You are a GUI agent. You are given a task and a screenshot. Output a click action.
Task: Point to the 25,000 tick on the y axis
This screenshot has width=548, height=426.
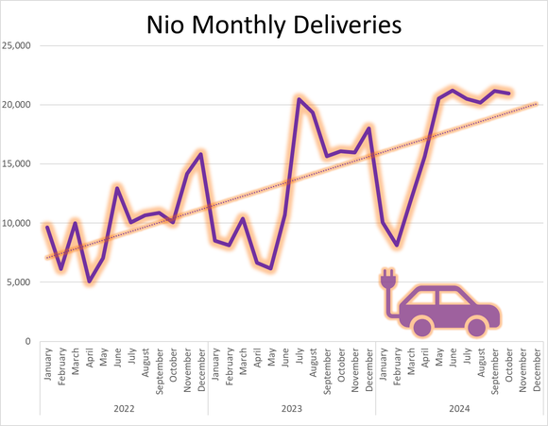coord(20,45)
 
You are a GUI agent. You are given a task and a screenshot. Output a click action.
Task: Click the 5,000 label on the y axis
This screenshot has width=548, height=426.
coord(22,282)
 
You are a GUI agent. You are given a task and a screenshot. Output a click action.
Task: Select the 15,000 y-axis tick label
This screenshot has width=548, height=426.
coord(20,163)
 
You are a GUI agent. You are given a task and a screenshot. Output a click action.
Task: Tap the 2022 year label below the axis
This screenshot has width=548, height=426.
coord(123,408)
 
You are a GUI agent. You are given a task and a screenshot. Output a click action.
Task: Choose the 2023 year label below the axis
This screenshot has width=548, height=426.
coord(291,408)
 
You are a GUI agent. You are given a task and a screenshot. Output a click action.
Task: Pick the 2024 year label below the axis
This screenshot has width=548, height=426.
coord(459,408)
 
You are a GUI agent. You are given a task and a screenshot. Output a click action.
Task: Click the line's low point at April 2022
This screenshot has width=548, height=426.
coord(89,281)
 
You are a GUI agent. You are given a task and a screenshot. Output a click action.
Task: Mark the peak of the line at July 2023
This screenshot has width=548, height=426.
coord(299,98)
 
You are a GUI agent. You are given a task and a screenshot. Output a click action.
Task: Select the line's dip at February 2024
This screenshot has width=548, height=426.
coord(397,246)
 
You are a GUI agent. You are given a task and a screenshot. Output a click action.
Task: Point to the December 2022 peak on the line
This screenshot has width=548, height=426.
coord(201,153)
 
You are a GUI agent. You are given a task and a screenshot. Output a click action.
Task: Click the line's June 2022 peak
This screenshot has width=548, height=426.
coord(117,187)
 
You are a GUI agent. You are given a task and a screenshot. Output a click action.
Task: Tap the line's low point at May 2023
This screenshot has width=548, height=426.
coord(271,268)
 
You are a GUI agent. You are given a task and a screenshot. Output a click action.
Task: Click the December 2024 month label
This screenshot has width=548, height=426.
coord(537,365)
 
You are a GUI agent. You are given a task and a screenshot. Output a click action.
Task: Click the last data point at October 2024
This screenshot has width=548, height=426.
coord(510,93)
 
